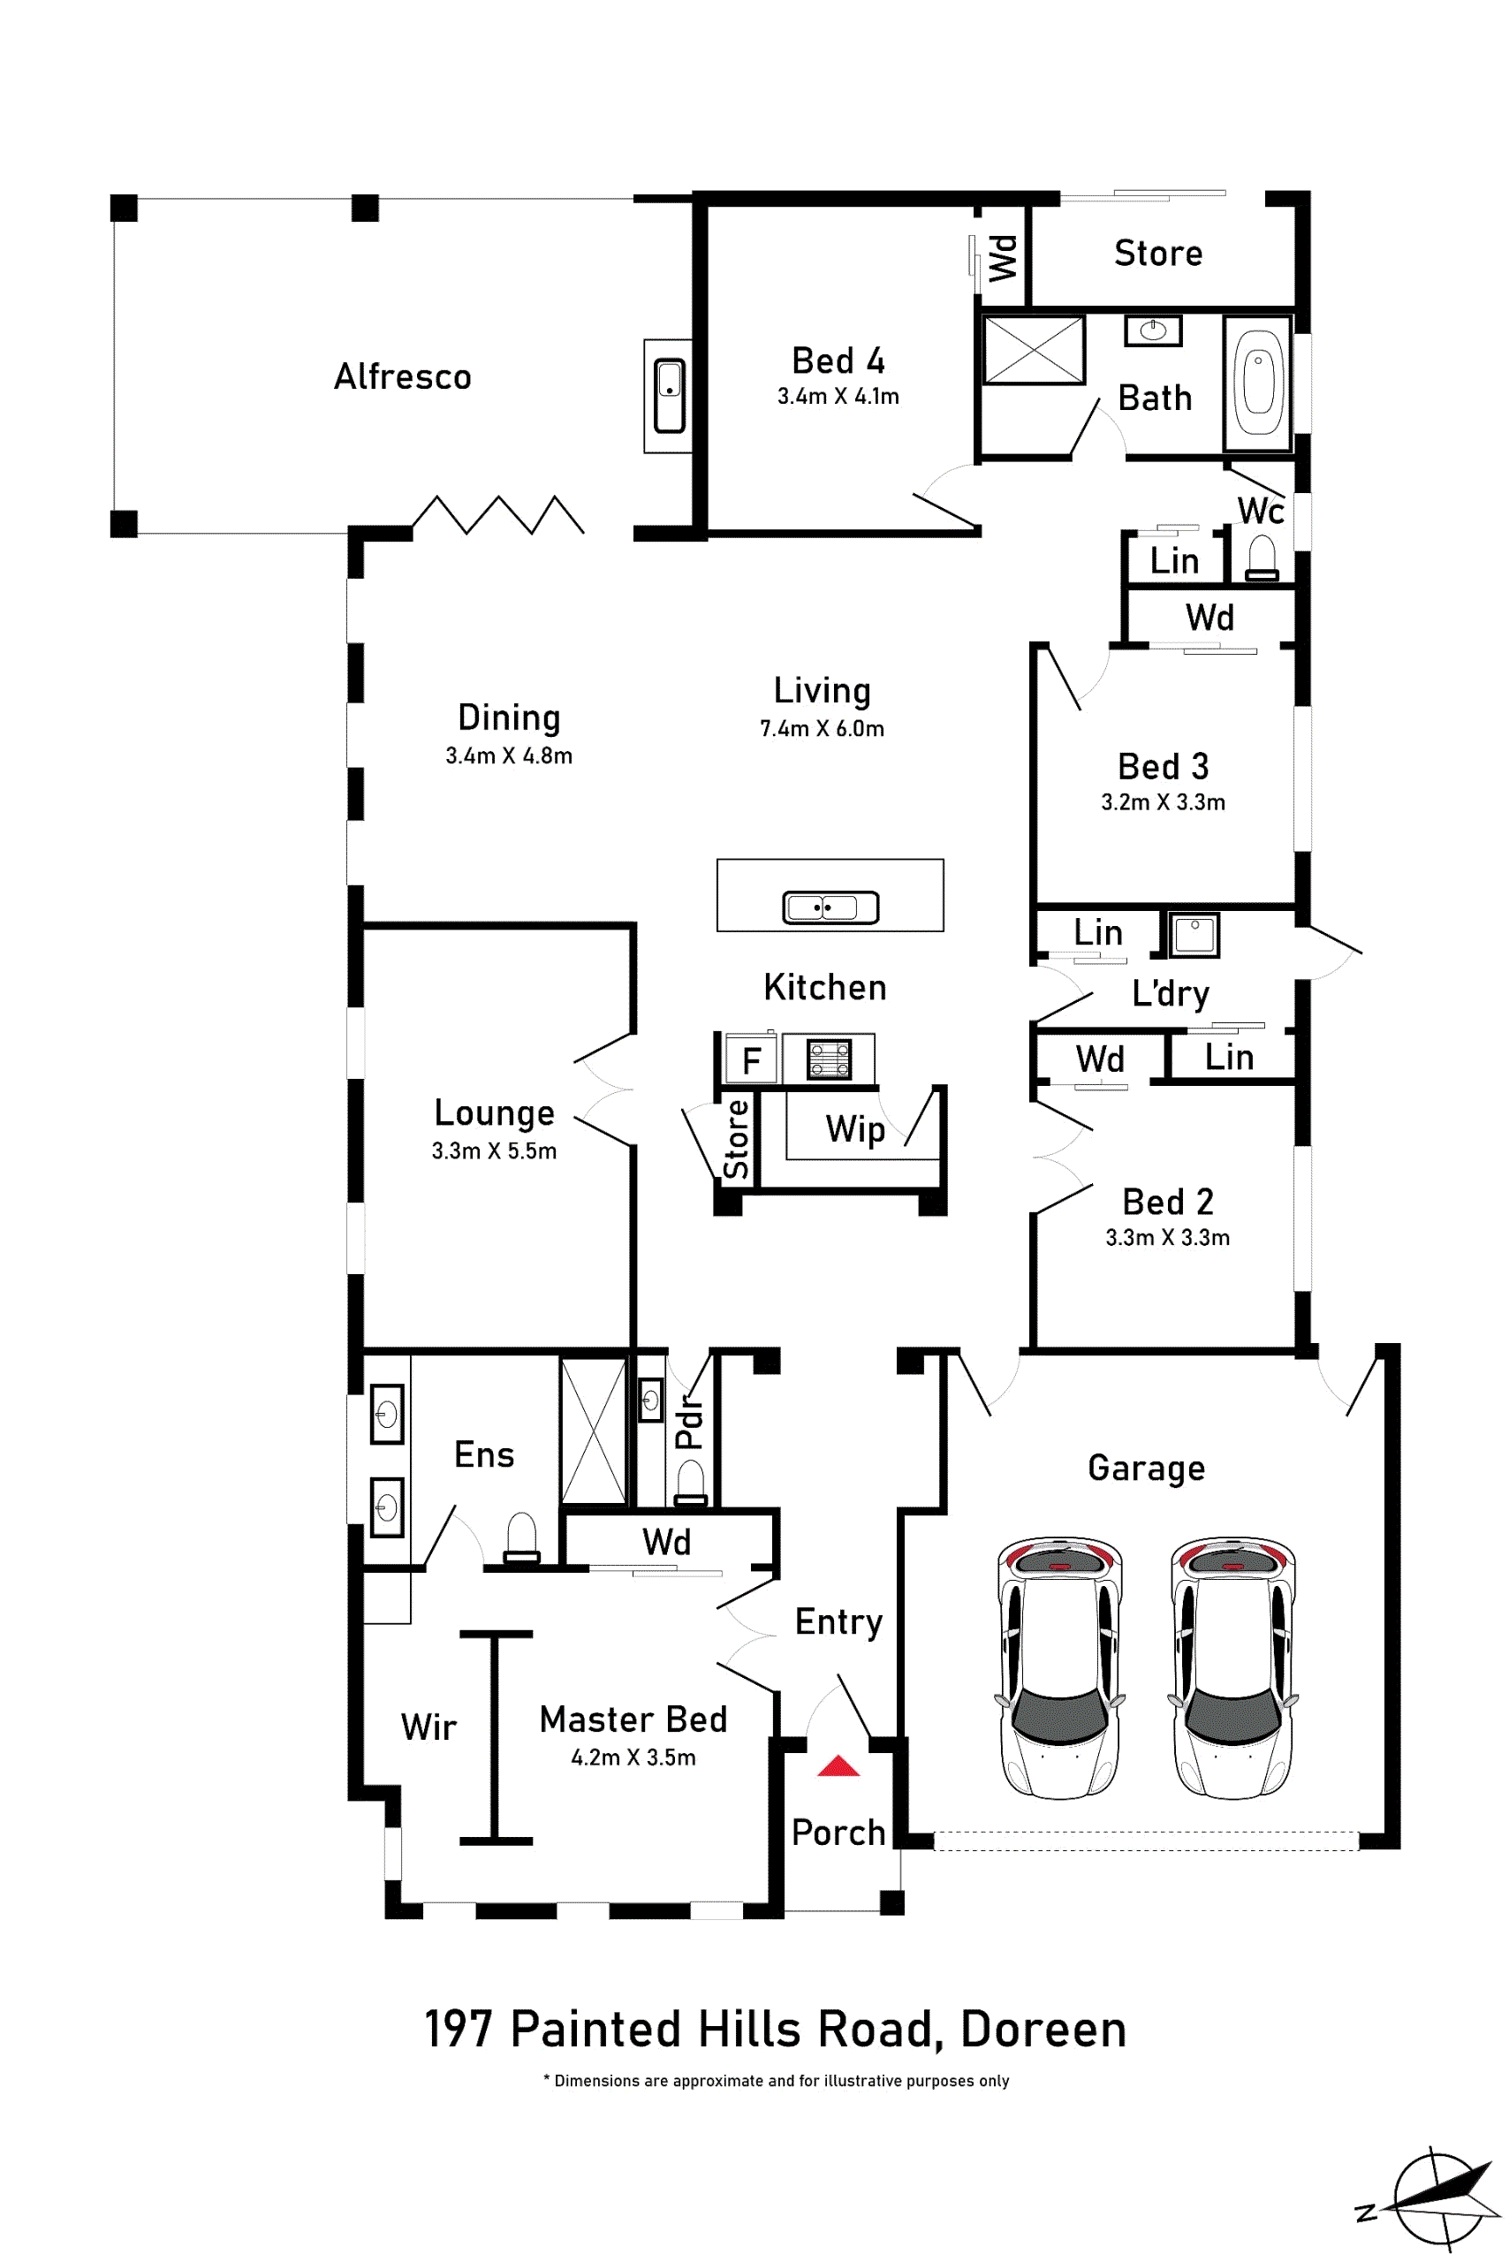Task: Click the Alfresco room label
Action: pyautogui.click(x=402, y=376)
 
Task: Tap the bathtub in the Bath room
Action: pyautogui.click(x=1258, y=383)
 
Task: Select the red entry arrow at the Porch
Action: pyautogui.click(x=838, y=1765)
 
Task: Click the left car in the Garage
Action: pyautogui.click(x=1059, y=1667)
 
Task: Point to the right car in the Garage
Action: pyautogui.click(x=1232, y=1667)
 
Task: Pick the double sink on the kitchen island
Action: pyautogui.click(x=830, y=907)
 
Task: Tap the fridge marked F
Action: pyautogui.click(x=752, y=1059)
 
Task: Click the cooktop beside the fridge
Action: pyautogui.click(x=829, y=1059)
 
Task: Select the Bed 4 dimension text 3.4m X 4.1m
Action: pyautogui.click(x=838, y=397)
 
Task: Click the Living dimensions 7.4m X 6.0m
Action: pyautogui.click(x=822, y=729)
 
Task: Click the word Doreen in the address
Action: pyautogui.click(x=1043, y=2029)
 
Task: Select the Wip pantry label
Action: pyautogui.click(x=854, y=1129)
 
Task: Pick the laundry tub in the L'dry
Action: pyautogui.click(x=1194, y=935)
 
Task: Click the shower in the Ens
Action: pyautogui.click(x=594, y=1431)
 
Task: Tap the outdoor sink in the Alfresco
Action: pyautogui.click(x=670, y=396)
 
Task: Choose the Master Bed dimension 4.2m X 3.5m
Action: pyautogui.click(x=633, y=1757)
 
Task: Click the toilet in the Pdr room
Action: pyautogui.click(x=691, y=1483)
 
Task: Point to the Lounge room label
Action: pyautogui.click(x=495, y=1112)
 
